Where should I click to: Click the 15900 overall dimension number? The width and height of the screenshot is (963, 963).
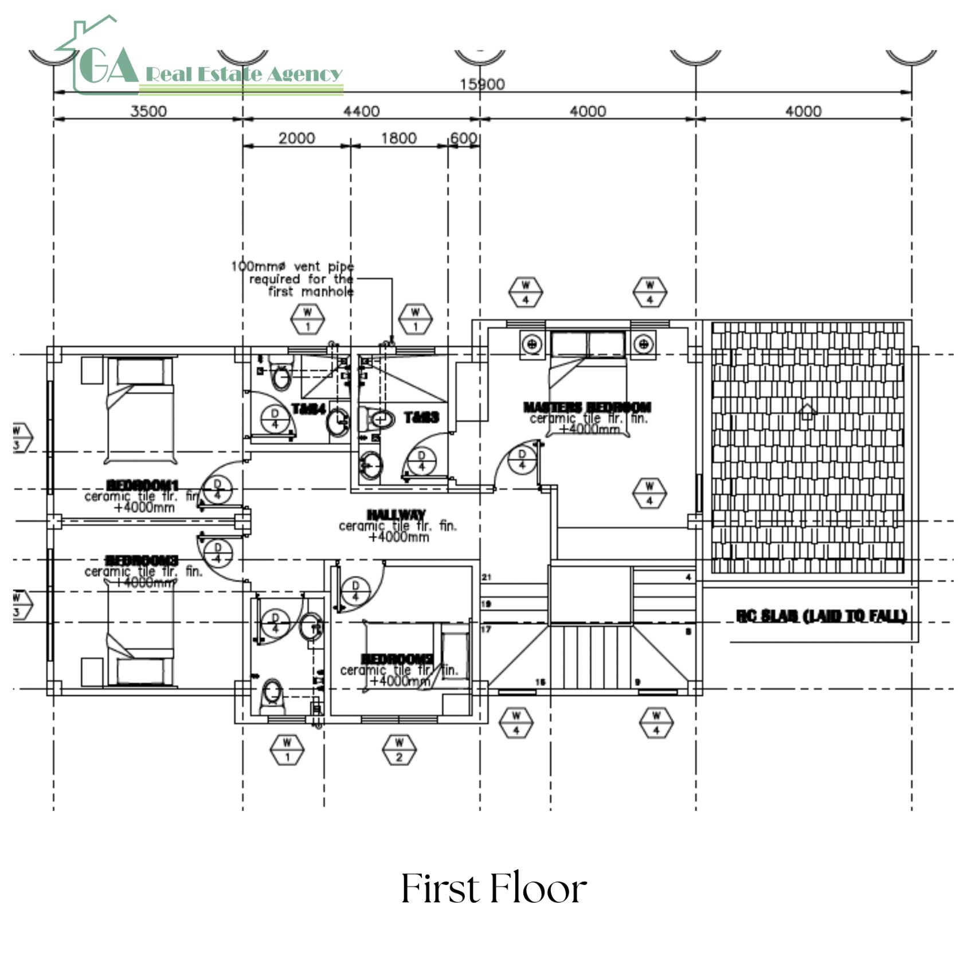click(x=482, y=84)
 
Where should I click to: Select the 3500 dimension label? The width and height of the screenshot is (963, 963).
click(x=148, y=111)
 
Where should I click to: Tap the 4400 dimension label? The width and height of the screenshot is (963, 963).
click(x=361, y=111)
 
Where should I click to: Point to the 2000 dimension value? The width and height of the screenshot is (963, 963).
click(x=296, y=138)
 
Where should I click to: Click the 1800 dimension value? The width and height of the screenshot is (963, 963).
click(x=399, y=138)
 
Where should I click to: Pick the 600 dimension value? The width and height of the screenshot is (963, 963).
click(x=463, y=138)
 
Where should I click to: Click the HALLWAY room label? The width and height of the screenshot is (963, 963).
click(x=397, y=515)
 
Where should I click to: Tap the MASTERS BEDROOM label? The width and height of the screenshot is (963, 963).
click(x=588, y=407)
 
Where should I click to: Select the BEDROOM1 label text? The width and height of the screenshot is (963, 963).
click(x=143, y=486)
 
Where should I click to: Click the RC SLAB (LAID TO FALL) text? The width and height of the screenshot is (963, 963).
click(x=821, y=616)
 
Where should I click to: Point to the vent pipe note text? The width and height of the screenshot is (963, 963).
click(x=293, y=279)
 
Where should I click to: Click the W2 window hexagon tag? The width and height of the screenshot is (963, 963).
click(x=400, y=749)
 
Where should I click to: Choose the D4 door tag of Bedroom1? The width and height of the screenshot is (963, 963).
click(x=218, y=489)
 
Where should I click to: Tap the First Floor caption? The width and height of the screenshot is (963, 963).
click(x=494, y=889)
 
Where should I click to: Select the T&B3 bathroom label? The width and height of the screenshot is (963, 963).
click(x=421, y=417)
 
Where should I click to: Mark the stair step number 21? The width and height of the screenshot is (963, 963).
click(x=487, y=577)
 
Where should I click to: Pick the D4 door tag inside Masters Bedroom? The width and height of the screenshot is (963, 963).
click(x=522, y=459)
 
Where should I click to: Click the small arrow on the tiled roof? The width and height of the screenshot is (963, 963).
click(x=807, y=410)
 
